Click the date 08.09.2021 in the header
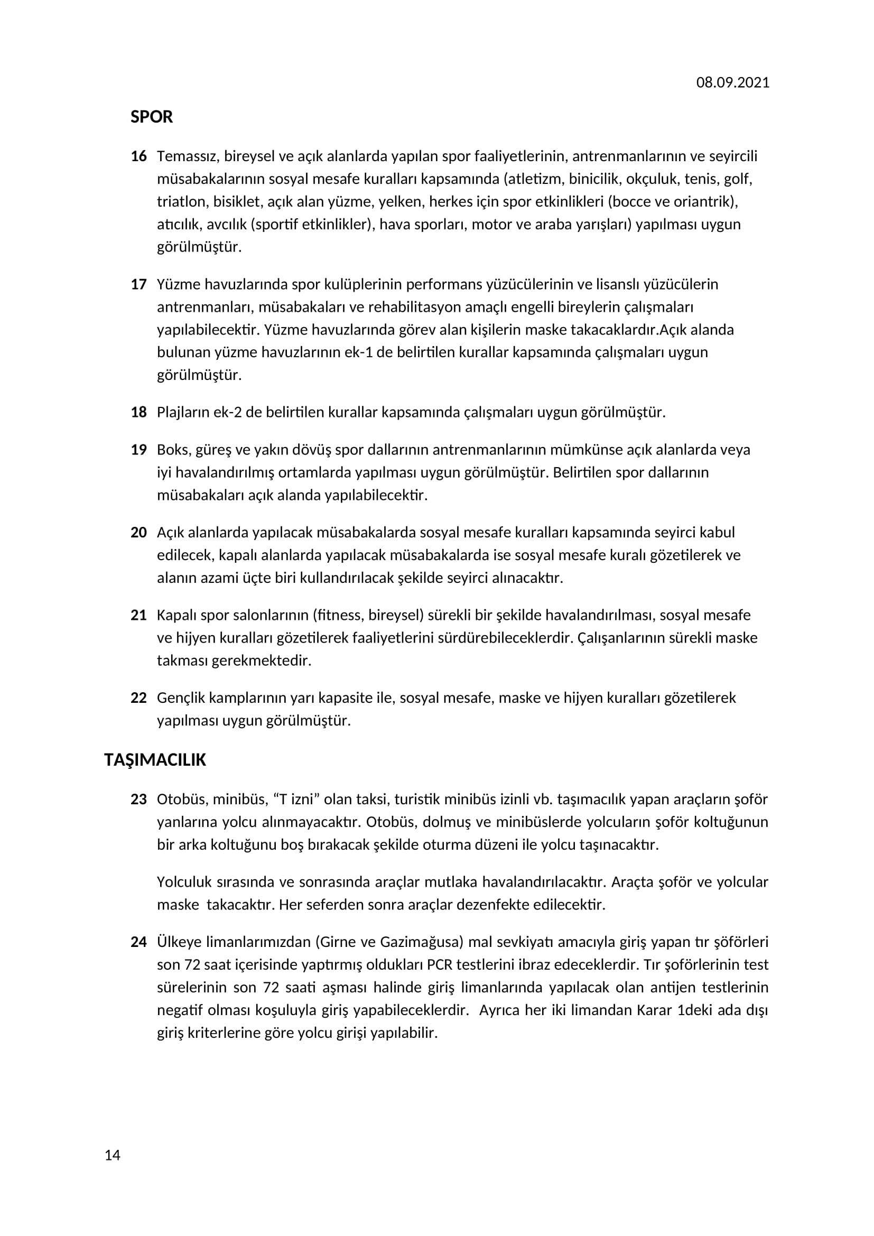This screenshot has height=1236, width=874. click(x=732, y=82)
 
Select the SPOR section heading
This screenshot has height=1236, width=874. click(x=151, y=117)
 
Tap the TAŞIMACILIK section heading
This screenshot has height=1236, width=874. click(x=155, y=759)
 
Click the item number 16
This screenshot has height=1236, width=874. click(x=138, y=156)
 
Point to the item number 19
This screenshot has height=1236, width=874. click(x=138, y=450)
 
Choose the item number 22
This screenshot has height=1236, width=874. click(x=138, y=698)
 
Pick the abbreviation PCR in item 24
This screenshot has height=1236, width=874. click(x=439, y=965)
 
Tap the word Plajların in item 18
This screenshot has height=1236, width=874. click(x=183, y=412)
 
